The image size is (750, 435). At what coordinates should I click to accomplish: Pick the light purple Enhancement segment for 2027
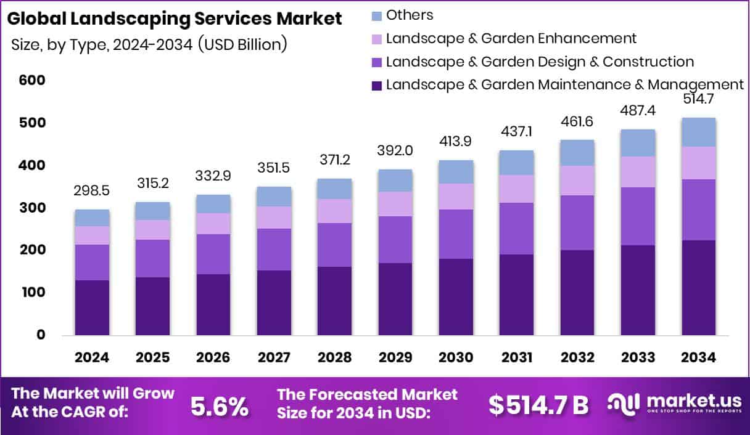point(274,218)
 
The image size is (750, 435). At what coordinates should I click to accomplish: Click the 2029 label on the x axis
point(395,358)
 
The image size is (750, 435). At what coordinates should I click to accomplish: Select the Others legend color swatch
point(377,15)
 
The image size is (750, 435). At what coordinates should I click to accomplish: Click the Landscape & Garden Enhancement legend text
point(511,38)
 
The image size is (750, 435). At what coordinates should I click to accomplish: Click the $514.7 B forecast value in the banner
point(538,405)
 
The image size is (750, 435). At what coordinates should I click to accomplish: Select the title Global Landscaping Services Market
point(174,18)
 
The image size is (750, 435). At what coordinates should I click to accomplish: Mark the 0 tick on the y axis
point(41,335)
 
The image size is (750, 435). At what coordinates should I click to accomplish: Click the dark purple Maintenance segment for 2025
point(152,306)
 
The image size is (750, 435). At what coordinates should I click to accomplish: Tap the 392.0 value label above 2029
point(395,151)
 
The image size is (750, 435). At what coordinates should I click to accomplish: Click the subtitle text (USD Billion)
point(242,45)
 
